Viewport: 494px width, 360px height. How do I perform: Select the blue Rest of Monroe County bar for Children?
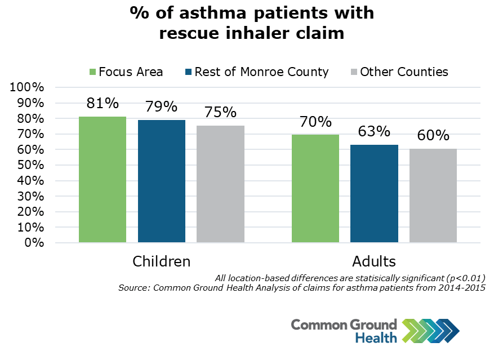162,181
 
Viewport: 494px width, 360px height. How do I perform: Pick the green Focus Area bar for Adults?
315,188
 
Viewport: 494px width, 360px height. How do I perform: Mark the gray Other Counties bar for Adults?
433,195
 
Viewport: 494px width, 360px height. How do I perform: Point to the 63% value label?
374,131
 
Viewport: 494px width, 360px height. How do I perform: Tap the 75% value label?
220,112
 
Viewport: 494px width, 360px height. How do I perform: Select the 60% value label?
433,136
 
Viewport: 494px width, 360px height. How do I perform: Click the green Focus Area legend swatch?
92,72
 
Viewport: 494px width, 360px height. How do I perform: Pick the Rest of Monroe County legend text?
261,72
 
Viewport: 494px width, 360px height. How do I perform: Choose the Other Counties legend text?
404,72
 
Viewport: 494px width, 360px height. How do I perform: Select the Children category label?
162,262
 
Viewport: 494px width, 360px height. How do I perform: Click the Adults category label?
374,262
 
